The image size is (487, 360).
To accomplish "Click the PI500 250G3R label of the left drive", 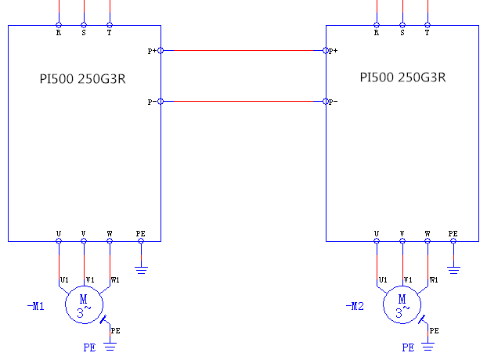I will (85, 78).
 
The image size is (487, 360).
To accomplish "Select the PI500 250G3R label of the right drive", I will (402, 77).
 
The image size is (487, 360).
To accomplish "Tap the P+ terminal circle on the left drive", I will (161, 51).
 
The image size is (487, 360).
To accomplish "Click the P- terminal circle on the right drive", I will (326, 102).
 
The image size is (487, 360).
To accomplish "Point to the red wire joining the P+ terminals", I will (243, 51).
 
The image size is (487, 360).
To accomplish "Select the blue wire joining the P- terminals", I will (243, 102).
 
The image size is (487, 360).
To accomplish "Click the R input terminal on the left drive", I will (59, 25).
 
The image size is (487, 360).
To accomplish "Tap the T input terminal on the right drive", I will (427, 25).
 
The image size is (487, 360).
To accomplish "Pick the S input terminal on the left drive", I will (84, 25).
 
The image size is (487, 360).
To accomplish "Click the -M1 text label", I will (35, 306).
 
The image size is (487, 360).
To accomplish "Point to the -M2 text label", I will (355, 306).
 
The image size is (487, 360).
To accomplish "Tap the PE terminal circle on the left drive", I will (141, 241).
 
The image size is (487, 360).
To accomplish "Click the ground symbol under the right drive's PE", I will (453, 270).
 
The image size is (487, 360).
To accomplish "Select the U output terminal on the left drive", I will (59, 241).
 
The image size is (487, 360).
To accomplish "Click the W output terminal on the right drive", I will (427, 241).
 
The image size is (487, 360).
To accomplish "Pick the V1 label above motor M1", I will (90, 279).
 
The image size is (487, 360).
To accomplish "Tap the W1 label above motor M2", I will (434, 279).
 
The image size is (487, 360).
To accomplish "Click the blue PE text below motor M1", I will (89, 347).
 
